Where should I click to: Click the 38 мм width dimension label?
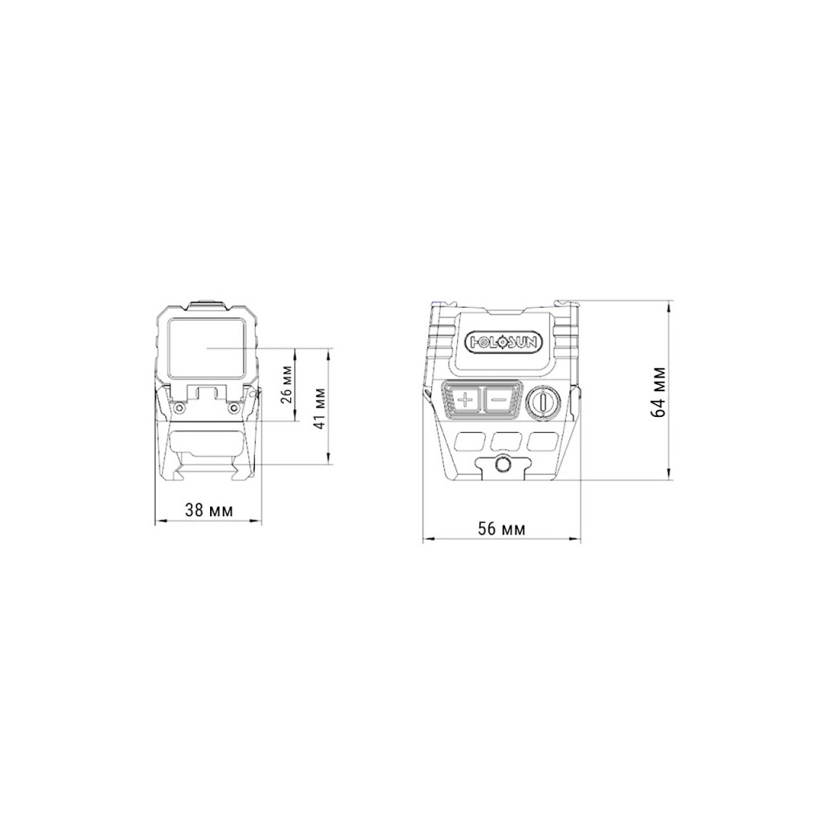[x=208, y=510]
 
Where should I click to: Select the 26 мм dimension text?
[x=286, y=384]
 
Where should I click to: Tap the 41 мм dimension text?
[x=319, y=408]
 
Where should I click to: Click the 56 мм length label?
[x=501, y=529]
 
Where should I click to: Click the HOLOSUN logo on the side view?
[x=504, y=342]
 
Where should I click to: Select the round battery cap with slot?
[x=543, y=402]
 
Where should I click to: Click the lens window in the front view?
[x=208, y=349]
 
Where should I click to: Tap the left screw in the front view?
[x=180, y=406]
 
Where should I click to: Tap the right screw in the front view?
[x=233, y=406]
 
